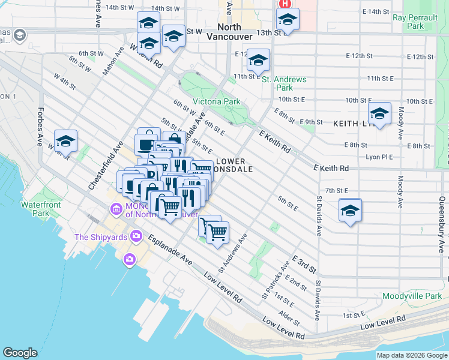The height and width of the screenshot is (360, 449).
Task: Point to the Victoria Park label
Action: click(x=216, y=101)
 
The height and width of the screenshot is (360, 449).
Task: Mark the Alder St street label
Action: click(x=289, y=315)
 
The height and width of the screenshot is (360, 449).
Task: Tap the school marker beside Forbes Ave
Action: click(x=65, y=142)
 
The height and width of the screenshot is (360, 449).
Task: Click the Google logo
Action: click(x=20, y=352)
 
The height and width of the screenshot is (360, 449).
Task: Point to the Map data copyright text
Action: click(x=412, y=355)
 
